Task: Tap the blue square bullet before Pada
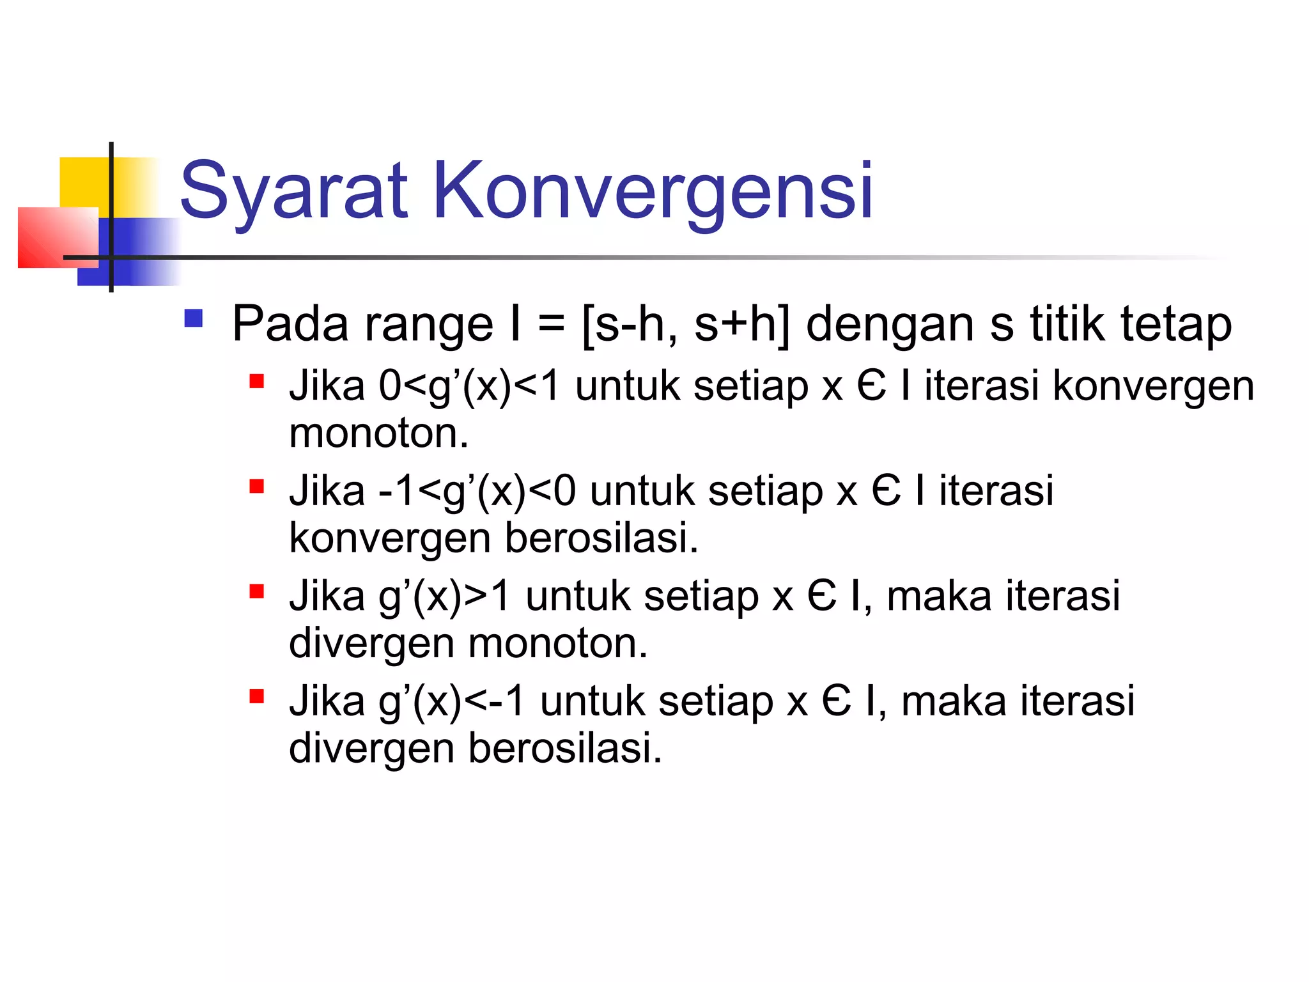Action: [193, 318]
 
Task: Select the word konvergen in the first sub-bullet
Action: [1153, 387]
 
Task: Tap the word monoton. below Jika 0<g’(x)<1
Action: [379, 433]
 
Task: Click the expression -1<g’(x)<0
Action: [477, 492]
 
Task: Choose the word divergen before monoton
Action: [371, 643]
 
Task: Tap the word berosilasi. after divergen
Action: [565, 748]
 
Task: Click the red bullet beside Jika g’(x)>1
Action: [257, 591]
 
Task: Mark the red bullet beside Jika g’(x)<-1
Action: [257, 696]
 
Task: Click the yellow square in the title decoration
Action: [83, 182]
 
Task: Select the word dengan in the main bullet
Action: [891, 325]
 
